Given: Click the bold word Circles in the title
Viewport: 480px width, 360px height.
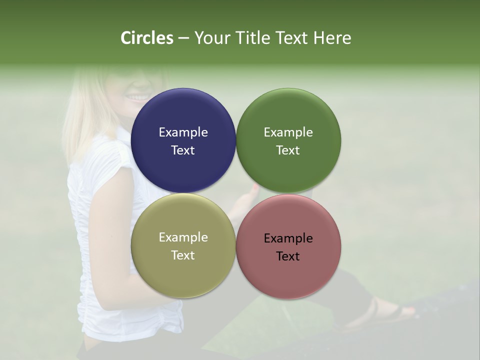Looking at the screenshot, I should pos(147,38).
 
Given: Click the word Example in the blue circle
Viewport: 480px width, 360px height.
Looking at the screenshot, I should pos(183,132).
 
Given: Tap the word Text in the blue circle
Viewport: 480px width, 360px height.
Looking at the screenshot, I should pos(183,150).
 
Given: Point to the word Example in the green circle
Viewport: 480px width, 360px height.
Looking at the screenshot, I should pos(288,132).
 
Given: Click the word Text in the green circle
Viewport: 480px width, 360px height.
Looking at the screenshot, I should pos(288,150).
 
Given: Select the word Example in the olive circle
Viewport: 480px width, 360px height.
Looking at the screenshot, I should pos(183,237).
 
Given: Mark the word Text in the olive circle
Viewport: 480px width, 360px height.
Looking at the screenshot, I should pos(183,255).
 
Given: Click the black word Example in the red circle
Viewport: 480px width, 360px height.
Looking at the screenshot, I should pos(288,238).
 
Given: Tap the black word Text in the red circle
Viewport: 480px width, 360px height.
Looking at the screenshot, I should pos(288,256).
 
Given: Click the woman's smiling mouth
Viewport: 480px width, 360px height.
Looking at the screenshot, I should pos(139,96).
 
